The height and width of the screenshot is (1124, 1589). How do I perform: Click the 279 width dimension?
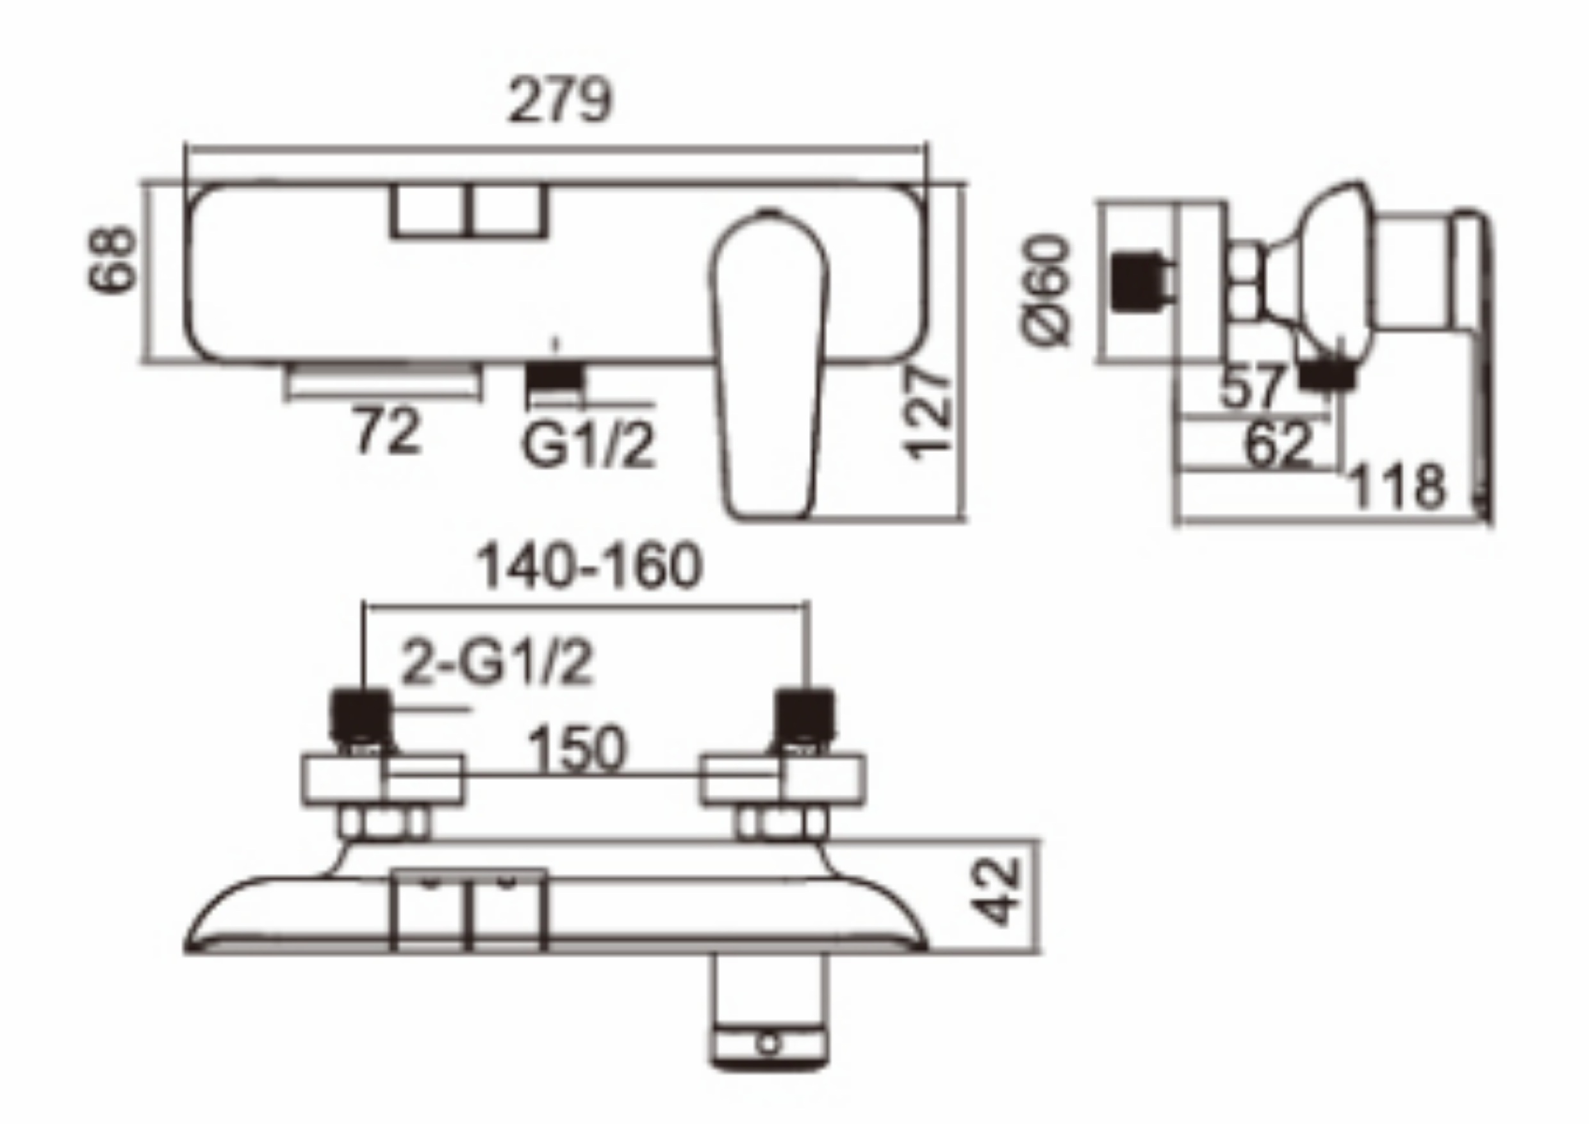point(561,101)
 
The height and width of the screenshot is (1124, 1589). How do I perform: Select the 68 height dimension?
point(112,260)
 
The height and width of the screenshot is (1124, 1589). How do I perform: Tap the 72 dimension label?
point(387,431)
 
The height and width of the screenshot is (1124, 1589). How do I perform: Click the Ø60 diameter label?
point(1046,290)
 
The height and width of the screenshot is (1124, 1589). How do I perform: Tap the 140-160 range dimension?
point(589,567)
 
